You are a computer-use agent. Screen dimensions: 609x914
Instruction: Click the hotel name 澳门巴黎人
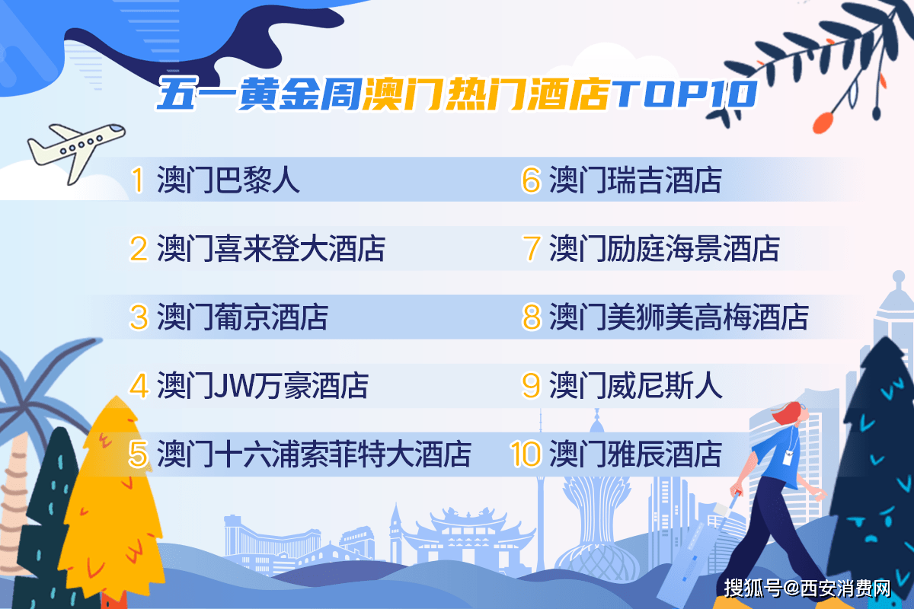(x=228, y=180)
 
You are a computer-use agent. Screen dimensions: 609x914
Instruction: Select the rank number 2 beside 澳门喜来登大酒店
(x=139, y=249)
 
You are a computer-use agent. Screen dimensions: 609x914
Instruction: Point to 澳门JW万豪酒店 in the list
(x=262, y=386)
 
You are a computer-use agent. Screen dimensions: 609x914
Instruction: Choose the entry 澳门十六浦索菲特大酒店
(x=314, y=454)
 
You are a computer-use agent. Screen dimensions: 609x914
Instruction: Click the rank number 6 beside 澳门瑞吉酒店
(x=531, y=180)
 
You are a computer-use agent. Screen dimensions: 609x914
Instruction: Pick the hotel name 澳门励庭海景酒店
(x=665, y=249)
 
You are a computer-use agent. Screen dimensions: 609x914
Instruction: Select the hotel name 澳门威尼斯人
(x=635, y=386)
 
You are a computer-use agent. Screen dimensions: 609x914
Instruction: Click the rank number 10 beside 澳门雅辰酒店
(x=526, y=454)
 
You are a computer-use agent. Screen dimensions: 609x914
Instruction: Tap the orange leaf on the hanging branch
(x=822, y=121)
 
